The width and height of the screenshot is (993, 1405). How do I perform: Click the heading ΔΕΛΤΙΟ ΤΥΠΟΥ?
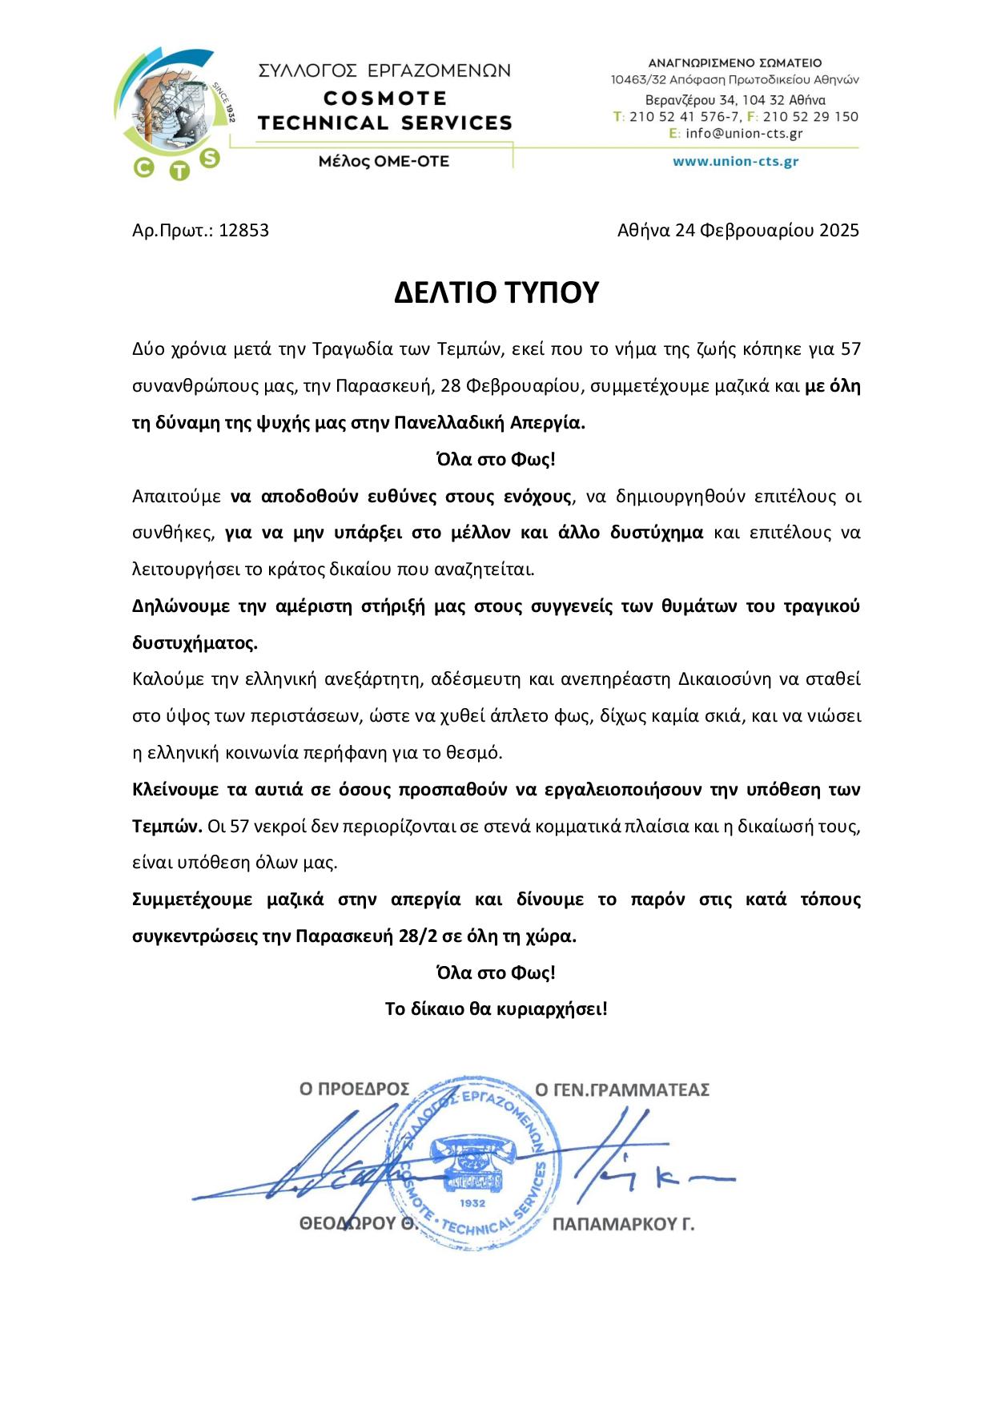pyautogui.click(x=496, y=293)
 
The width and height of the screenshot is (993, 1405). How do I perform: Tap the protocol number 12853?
pyautogui.click(x=243, y=231)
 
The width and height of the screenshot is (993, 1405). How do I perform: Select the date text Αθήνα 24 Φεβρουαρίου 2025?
pyautogui.click(x=738, y=231)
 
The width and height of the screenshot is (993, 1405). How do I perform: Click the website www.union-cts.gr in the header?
pyautogui.click(x=735, y=161)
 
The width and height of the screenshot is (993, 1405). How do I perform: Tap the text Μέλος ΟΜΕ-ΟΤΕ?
pyautogui.click(x=384, y=161)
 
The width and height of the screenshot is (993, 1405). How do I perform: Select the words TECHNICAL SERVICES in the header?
pyautogui.click(x=385, y=123)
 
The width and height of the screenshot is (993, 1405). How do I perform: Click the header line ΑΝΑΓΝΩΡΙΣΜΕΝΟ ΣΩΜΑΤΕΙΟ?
pyautogui.click(x=734, y=62)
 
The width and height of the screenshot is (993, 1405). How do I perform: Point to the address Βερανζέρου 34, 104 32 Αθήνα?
pyautogui.click(x=735, y=100)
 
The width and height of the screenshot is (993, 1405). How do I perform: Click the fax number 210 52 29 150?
pyautogui.click(x=809, y=117)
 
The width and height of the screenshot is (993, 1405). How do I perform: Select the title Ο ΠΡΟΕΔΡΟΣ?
pyautogui.click(x=354, y=1089)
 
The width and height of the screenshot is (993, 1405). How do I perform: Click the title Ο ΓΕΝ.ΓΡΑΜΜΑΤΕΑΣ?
pyautogui.click(x=622, y=1089)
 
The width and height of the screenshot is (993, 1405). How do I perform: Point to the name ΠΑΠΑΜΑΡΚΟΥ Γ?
pyautogui.click(x=623, y=1224)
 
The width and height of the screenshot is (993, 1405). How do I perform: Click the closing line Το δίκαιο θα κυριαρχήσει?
pyautogui.click(x=496, y=1008)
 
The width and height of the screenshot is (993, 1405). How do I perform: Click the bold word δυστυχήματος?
pyautogui.click(x=195, y=643)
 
